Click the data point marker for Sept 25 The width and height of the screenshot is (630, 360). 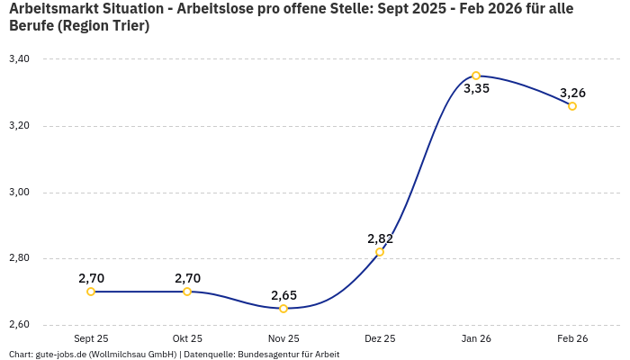(91, 292)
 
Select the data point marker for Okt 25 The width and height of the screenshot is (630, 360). (187, 292)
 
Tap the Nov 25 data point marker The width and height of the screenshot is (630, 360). (283, 309)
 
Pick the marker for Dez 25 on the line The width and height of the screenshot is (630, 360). (380, 252)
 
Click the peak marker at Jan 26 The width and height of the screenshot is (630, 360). (476, 76)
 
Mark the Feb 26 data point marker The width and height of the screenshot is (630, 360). (572, 106)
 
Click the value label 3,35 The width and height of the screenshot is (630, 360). (476, 89)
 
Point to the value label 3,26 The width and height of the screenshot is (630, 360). (572, 93)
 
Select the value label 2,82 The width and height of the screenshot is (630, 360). (380, 238)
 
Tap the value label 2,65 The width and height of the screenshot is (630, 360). (283, 295)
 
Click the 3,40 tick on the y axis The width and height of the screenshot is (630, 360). (19, 59)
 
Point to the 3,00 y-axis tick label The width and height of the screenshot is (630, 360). (19, 193)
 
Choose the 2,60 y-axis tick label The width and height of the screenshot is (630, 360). (19, 325)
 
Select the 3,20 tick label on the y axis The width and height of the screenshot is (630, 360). (19, 126)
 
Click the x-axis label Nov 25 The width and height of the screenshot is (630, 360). (283, 339)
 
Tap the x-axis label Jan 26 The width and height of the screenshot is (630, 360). (476, 339)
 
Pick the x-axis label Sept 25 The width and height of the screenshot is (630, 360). (91, 339)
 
